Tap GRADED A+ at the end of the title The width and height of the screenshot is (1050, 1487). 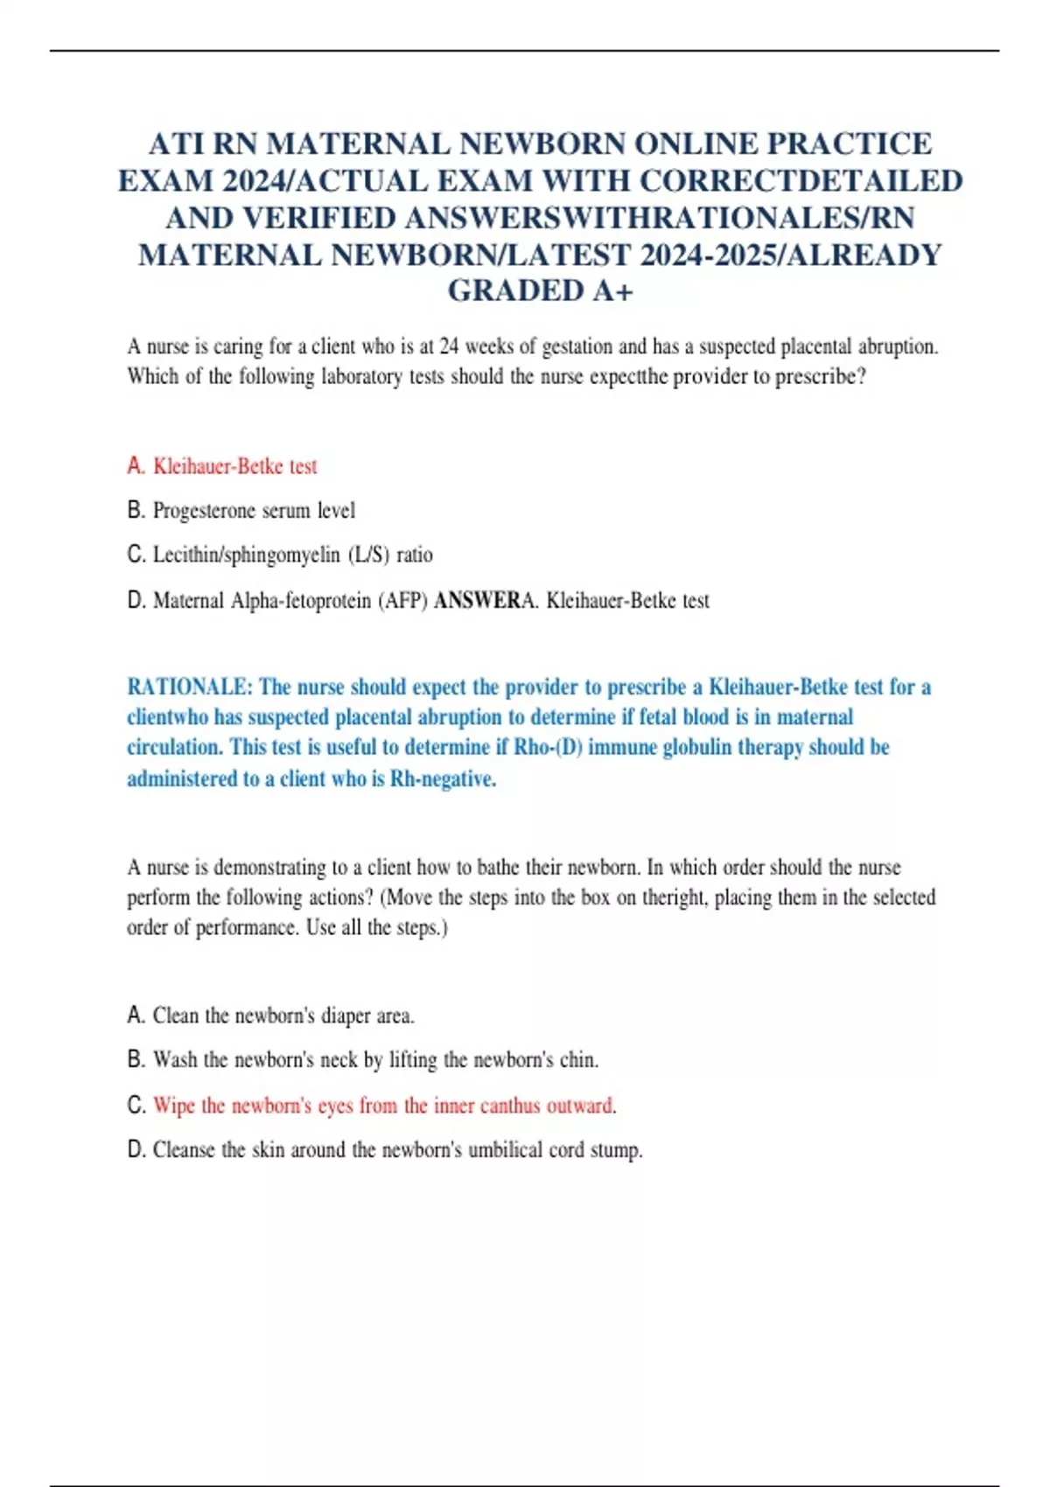pos(540,290)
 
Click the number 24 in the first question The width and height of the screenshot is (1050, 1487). pos(449,346)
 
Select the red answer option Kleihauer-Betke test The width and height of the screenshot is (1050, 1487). pos(234,466)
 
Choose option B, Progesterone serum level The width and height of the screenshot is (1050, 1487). pos(254,510)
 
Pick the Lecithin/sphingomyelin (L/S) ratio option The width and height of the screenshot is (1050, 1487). pos(292,555)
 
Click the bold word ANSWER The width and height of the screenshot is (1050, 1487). pos(477,601)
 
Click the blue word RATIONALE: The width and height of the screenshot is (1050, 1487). pos(188,687)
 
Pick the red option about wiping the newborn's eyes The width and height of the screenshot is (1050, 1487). pos(384,1106)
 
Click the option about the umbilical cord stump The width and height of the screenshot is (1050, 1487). pos(397,1149)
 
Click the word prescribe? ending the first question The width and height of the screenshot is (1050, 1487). pos(820,377)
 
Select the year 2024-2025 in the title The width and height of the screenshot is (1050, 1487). pos(709,255)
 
